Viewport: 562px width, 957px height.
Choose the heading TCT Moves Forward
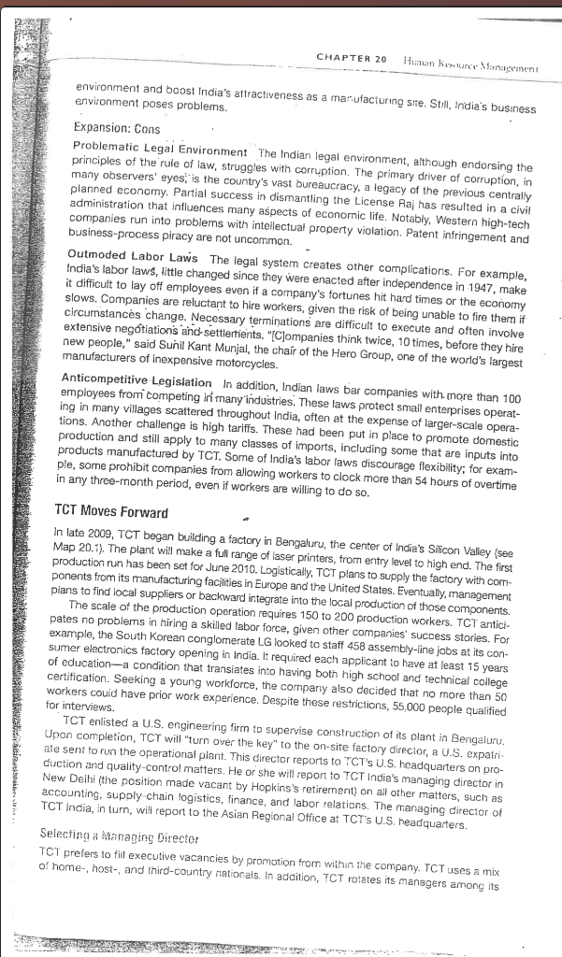click(x=110, y=512)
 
